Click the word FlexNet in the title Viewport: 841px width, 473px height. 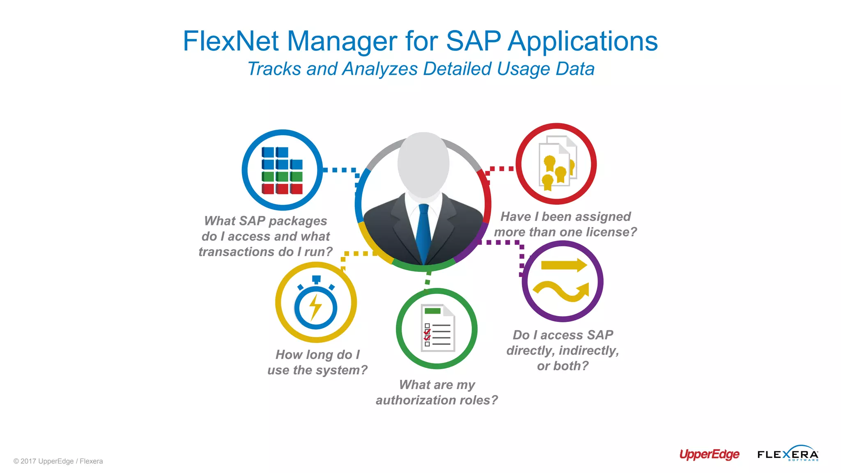click(231, 41)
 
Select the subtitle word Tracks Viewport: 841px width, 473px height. click(274, 69)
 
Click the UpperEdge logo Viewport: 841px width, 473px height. click(709, 455)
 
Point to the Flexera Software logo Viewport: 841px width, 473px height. click(788, 454)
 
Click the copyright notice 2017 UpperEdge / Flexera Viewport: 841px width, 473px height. click(58, 461)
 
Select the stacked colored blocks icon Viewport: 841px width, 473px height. click(282, 170)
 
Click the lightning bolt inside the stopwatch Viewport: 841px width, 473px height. click(315, 307)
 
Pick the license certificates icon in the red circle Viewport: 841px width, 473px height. click(557, 163)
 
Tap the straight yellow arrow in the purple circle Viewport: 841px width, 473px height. click(564, 265)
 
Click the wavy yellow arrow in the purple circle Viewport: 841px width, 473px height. click(562, 292)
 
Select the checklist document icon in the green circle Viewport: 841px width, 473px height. click(437, 328)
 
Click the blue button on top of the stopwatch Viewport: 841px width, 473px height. click(316, 279)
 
